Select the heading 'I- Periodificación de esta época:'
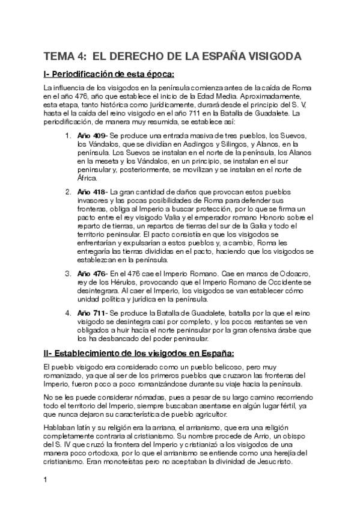[108, 75]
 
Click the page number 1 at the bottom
[45, 479]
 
